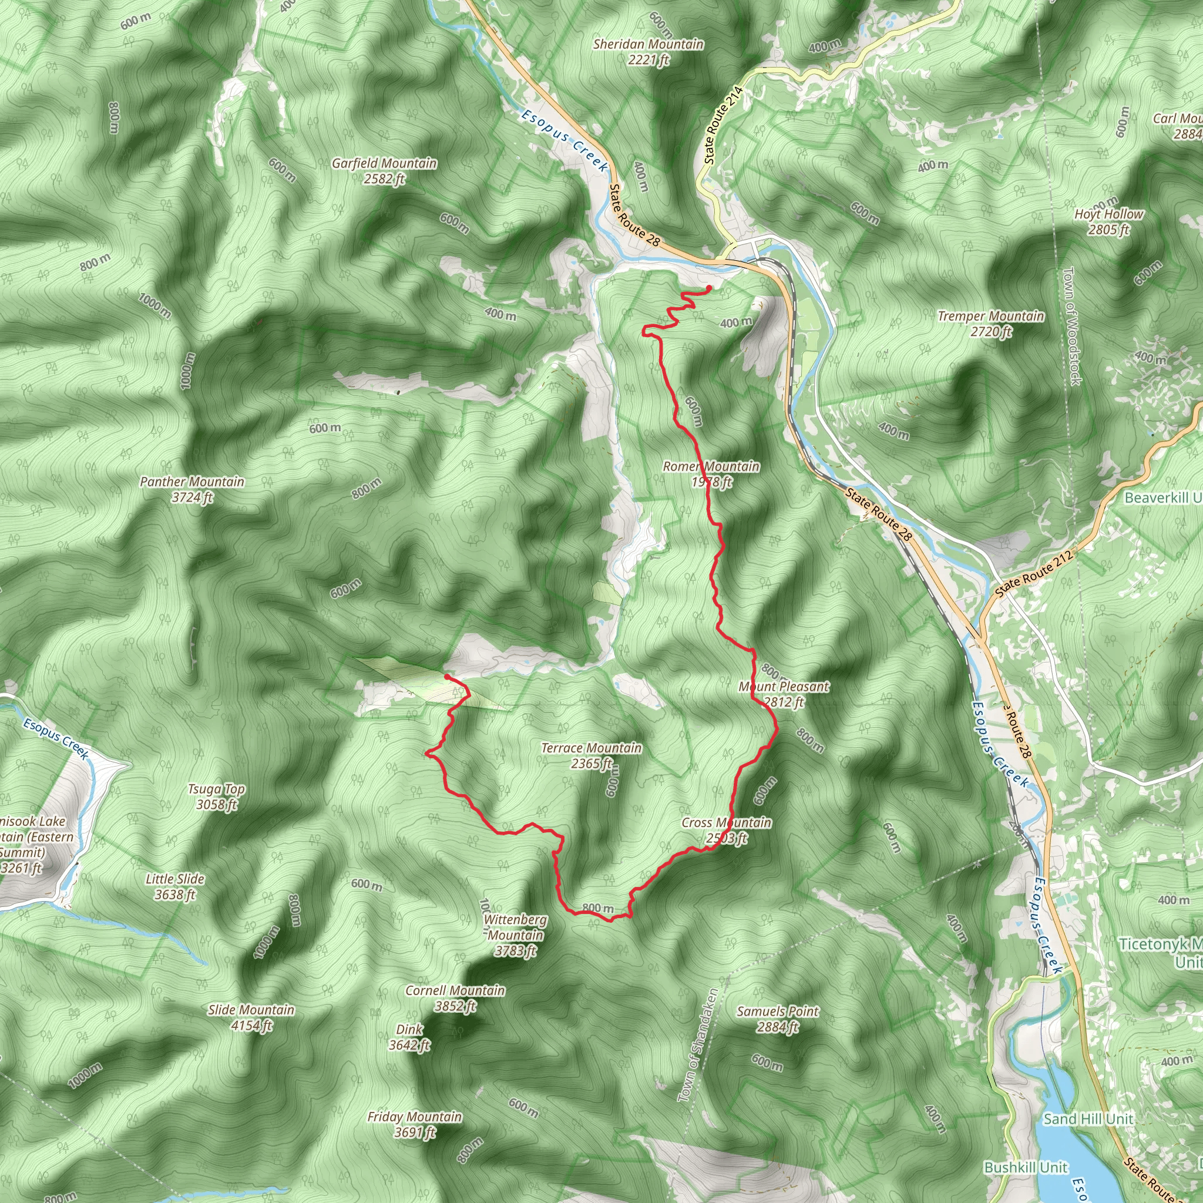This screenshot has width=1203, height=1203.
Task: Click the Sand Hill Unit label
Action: tap(1088, 1119)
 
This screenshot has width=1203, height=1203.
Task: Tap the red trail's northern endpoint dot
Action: tap(709, 288)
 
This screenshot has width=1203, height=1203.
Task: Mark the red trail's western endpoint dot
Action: tap(447, 676)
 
